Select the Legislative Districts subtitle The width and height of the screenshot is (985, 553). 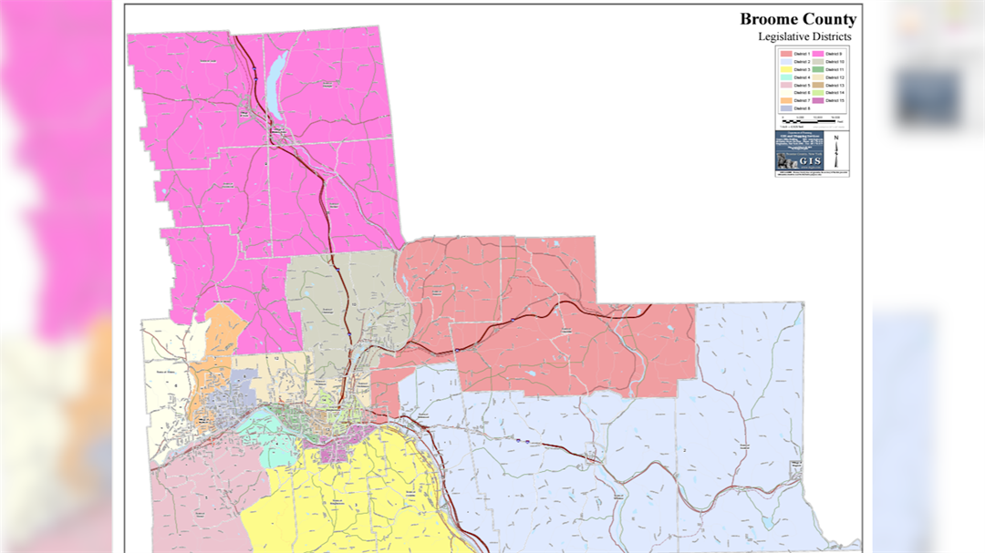click(x=804, y=36)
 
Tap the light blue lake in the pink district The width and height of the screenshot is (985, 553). click(x=277, y=74)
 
